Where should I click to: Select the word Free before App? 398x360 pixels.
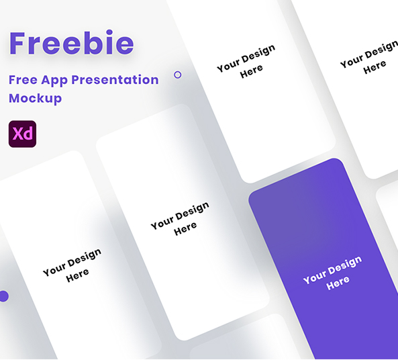click(x=22, y=79)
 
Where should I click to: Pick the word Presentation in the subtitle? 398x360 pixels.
click(x=115, y=79)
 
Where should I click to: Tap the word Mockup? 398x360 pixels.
click(x=35, y=98)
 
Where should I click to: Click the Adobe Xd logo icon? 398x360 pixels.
click(x=22, y=134)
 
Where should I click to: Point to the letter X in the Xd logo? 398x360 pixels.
click(x=17, y=134)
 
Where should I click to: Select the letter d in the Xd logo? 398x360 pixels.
click(x=28, y=134)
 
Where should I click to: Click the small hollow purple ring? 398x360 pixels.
click(x=177, y=75)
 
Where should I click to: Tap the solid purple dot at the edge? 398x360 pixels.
click(x=3, y=296)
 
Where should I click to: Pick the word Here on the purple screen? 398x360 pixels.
click(x=338, y=283)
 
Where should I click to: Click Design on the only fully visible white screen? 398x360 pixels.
click(x=193, y=210)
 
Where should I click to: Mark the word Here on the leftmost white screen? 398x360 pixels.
click(x=78, y=275)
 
